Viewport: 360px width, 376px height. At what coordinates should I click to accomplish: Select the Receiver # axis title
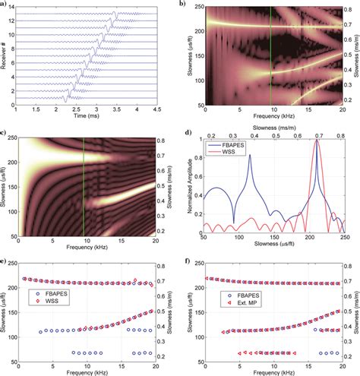point(5,56)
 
